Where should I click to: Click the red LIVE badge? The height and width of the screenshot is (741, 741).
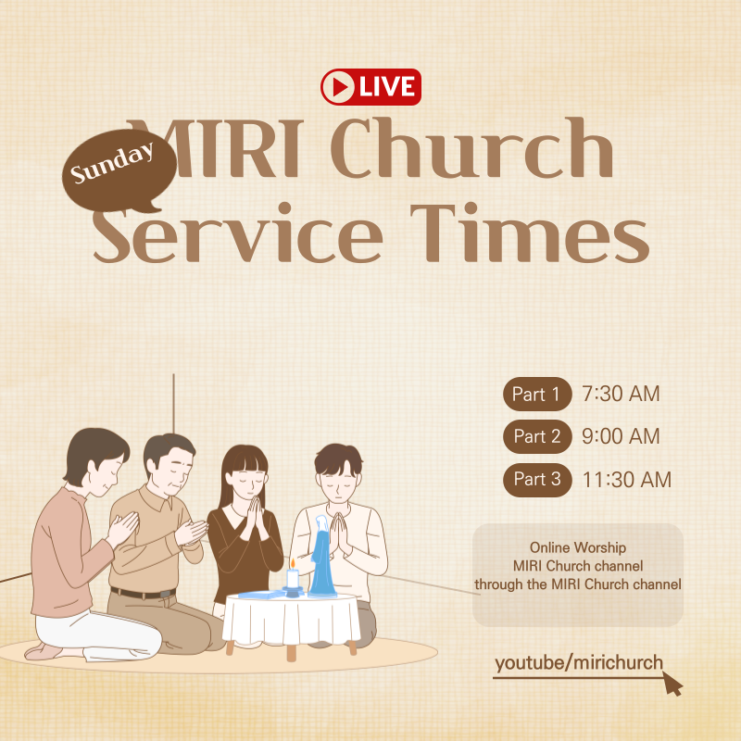(x=370, y=87)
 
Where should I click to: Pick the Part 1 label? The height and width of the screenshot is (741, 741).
(x=537, y=394)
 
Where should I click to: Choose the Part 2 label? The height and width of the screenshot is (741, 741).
(x=537, y=436)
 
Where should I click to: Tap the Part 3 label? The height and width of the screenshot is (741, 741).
(x=537, y=479)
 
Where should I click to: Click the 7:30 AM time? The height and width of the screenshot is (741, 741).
(x=621, y=394)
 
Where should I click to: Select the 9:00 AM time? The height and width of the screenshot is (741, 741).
(x=621, y=436)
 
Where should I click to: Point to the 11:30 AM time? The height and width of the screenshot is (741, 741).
(x=627, y=479)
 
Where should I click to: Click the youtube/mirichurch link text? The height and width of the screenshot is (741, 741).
(x=578, y=662)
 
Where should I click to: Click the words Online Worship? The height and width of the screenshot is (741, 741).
(x=578, y=548)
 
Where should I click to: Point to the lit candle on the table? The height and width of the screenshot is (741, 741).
(x=293, y=577)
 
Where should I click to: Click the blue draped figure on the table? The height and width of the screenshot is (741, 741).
(x=323, y=556)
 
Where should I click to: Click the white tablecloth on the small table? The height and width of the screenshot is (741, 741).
(x=292, y=621)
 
